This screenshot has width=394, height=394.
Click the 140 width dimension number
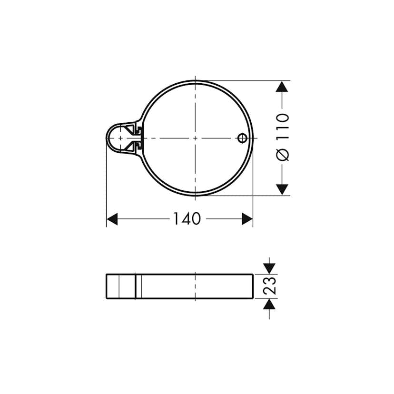coord(186,219)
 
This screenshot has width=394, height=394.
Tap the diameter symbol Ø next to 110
coord(283,155)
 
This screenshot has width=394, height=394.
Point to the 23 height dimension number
coord(270,286)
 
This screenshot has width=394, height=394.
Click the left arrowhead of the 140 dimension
coord(112,219)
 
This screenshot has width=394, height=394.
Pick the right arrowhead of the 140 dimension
coord(247,219)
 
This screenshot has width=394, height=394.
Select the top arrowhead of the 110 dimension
coord(283,87)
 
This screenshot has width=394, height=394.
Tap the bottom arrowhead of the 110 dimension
coord(283,189)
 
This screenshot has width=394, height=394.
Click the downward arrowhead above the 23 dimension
coord(270,266)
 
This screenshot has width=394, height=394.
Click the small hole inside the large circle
coord(242,138)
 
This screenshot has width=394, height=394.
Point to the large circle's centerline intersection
coord(195,138)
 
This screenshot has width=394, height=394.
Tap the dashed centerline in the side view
coord(195,286)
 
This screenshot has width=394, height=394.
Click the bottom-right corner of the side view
coord(252,298)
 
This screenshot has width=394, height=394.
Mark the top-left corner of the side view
coord(107,275)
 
